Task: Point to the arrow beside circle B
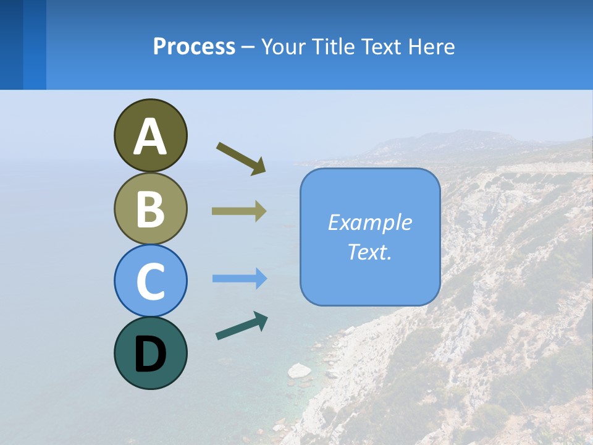pyautogui.click(x=239, y=211)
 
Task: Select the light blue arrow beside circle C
pyautogui.click(x=239, y=279)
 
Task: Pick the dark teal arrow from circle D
pyautogui.click(x=242, y=326)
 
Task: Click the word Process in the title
pyautogui.click(x=194, y=46)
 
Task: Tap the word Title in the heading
pyautogui.click(x=334, y=46)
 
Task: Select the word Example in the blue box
pyautogui.click(x=369, y=222)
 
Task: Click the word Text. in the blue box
pyautogui.click(x=369, y=252)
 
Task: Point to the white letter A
pyautogui.click(x=150, y=137)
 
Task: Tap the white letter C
pyautogui.click(x=150, y=282)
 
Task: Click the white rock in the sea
pyautogui.click(x=300, y=371)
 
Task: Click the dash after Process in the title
pyautogui.click(x=248, y=47)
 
